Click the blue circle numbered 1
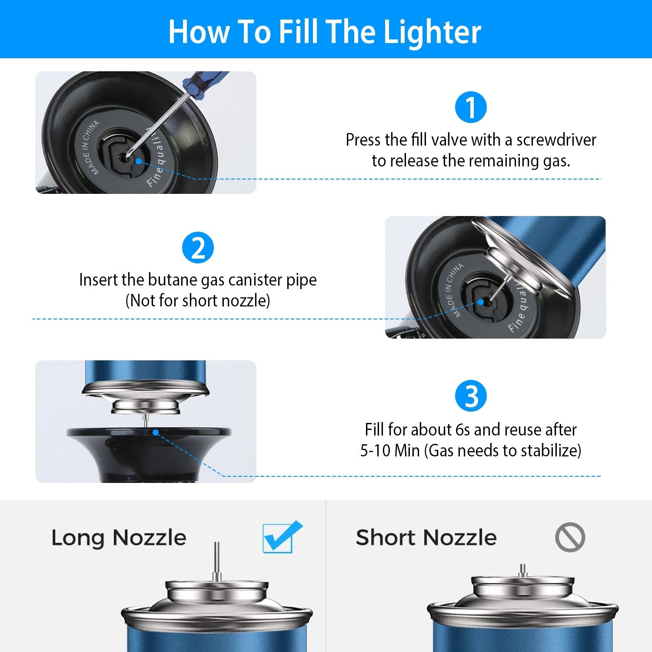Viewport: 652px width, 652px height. click(x=471, y=107)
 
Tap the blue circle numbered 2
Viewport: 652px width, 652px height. click(x=198, y=248)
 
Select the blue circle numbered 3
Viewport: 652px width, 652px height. click(x=471, y=396)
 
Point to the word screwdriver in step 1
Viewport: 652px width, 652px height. click(x=556, y=140)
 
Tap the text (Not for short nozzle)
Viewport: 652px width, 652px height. click(x=198, y=301)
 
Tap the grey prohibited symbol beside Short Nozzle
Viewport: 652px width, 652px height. click(x=570, y=537)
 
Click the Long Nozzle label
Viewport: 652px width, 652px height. click(x=119, y=538)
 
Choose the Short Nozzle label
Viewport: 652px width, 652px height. click(x=426, y=538)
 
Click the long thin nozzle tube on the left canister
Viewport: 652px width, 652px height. click(x=217, y=561)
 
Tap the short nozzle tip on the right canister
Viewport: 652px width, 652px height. click(x=523, y=570)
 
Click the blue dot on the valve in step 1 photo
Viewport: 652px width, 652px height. click(x=138, y=161)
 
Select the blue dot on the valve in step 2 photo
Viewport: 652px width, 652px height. click(x=480, y=302)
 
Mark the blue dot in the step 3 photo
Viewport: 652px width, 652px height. click(x=155, y=432)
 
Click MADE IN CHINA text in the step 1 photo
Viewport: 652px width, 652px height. click(x=90, y=148)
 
